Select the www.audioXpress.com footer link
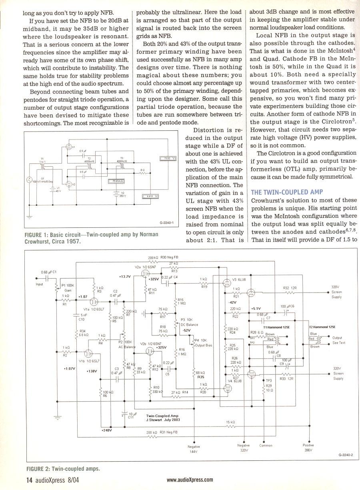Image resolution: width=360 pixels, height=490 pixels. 190,480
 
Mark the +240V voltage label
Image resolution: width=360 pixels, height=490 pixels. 107,430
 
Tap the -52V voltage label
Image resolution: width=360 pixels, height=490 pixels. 186,331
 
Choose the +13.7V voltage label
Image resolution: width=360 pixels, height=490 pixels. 125,276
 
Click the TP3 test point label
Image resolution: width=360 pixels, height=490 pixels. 269,380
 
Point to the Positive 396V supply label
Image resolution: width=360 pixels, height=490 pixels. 308,448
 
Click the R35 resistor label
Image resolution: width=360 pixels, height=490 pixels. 201,377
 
